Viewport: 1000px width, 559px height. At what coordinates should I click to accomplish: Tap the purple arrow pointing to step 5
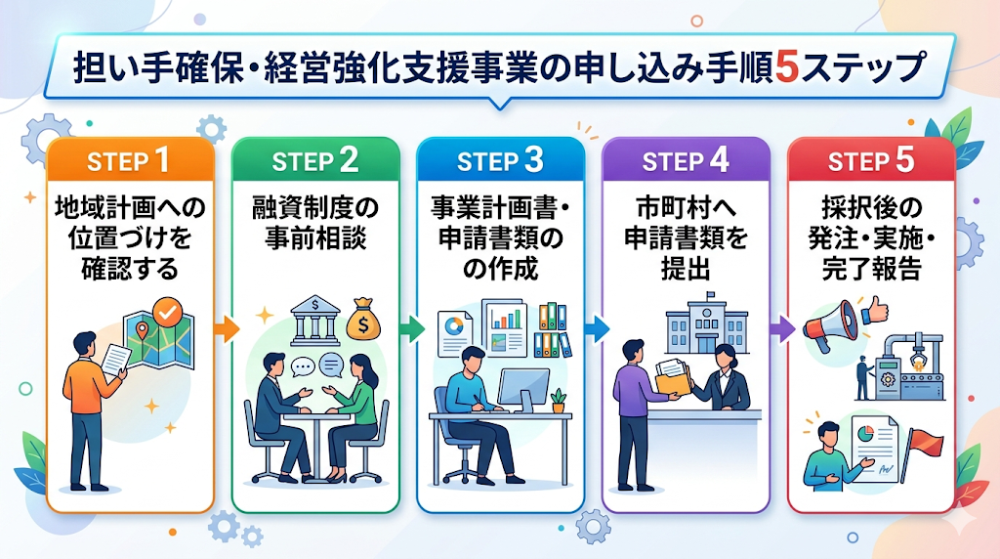781,328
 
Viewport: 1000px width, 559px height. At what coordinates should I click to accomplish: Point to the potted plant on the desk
558,400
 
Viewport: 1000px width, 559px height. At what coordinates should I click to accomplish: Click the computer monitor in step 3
523,389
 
